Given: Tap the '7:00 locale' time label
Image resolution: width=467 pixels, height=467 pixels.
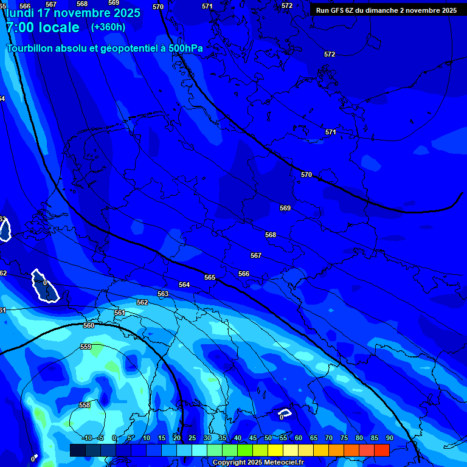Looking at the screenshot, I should pos(43,27).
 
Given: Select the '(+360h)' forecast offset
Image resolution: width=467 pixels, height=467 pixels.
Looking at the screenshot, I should pos(108,27).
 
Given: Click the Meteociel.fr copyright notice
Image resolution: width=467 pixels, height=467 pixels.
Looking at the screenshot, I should pos(258,463).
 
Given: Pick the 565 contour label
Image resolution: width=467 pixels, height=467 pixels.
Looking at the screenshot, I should pos(210,277).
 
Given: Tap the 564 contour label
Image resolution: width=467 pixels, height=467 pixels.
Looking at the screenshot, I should pos(184,285).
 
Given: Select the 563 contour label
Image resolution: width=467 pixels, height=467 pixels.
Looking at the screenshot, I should pos(163,294).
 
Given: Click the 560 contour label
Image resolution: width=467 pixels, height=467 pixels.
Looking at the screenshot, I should pos(89,325).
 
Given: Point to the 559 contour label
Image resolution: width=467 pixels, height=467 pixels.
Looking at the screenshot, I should pos(86,347).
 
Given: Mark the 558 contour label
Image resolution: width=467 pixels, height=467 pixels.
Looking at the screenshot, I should pos(85,405).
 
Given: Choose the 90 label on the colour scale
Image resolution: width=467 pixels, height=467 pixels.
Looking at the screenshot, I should pos(389,438).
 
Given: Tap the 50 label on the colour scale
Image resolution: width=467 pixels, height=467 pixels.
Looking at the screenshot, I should pos(268,438).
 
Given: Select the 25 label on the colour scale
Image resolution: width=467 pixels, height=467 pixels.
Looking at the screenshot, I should pos(192,438).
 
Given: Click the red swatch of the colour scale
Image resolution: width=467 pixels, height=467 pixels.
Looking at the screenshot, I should pos(381,450).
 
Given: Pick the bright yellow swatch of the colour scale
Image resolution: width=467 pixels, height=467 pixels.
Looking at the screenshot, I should pos(275,450).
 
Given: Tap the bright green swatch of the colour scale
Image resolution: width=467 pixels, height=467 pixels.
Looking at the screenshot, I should pos(245,450).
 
